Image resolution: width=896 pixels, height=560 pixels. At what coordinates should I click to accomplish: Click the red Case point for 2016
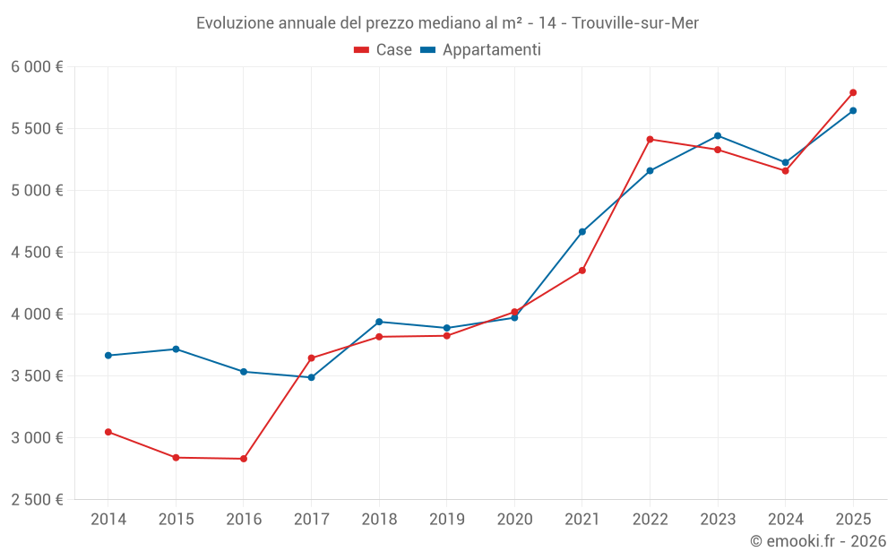[x=244, y=459]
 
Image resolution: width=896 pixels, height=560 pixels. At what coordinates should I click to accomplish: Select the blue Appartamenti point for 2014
[x=108, y=356]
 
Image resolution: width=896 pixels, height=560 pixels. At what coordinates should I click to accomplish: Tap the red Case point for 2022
[x=650, y=139]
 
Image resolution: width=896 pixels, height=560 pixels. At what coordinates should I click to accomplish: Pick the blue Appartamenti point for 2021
[x=582, y=232]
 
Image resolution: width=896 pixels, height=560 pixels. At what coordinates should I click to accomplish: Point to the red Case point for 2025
[x=853, y=92]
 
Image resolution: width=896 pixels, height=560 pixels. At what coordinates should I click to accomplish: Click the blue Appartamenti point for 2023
[x=718, y=135]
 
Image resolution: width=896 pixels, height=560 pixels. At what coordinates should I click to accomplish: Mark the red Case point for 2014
[x=108, y=432]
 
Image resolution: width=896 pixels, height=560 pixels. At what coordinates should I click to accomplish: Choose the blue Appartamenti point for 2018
[x=379, y=322]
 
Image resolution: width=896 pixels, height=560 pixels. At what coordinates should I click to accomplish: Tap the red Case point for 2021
[x=582, y=271]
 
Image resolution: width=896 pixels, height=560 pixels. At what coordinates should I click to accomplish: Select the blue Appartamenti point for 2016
[x=244, y=372]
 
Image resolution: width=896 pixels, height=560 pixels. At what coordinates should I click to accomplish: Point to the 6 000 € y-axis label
[x=37, y=67]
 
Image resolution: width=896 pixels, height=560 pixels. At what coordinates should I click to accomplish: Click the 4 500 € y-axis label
[x=37, y=253]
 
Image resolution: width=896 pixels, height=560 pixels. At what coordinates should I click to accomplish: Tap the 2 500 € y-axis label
[x=37, y=500]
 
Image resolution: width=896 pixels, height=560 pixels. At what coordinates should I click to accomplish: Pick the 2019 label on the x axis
[x=446, y=519]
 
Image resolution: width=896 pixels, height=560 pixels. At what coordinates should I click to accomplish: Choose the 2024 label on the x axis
[x=785, y=519]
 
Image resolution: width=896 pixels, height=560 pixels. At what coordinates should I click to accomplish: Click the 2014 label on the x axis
[x=108, y=519]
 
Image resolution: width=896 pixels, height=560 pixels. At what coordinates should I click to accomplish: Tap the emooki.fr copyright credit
[x=818, y=541]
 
